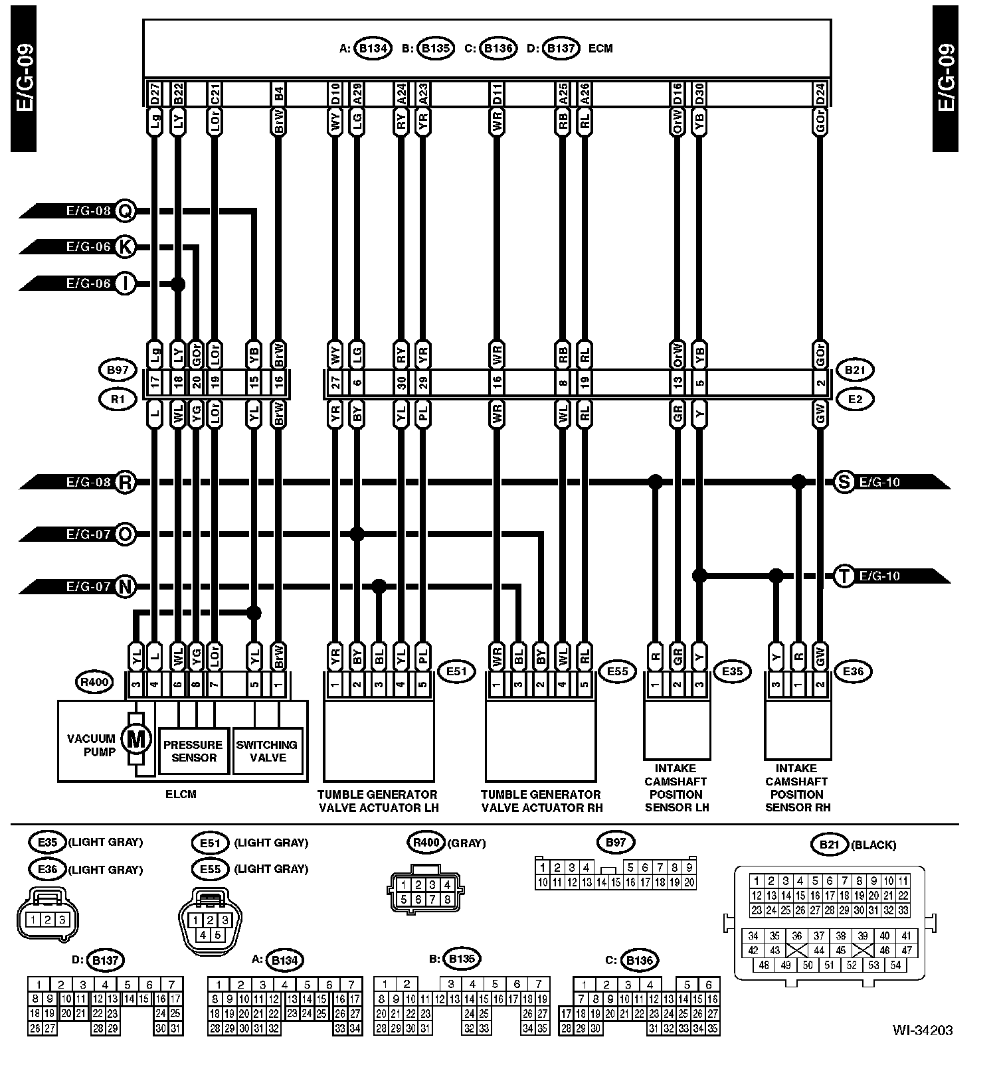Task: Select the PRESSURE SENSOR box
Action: (193, 751)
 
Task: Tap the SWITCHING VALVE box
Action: (267, 751)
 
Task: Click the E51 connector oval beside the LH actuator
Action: (456, 671)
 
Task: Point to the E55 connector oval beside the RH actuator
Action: (617, 671)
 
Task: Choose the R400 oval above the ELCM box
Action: (94, 681)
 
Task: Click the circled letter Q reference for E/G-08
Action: (125, 211)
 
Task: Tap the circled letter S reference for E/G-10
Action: (844, 482)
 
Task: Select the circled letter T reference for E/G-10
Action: (844, 576)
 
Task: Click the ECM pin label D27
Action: (154, 94)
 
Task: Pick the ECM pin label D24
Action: (820, 94)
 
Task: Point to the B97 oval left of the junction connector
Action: (117, 369)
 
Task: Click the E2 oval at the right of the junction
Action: (855, 399)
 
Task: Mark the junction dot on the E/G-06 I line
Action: (177, 284)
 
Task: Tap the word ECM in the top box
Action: (600, 48)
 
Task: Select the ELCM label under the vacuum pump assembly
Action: (181, 794)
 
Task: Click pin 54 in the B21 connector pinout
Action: (895, 965)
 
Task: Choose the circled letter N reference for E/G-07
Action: (125, 586)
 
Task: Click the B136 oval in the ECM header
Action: (498, 48)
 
